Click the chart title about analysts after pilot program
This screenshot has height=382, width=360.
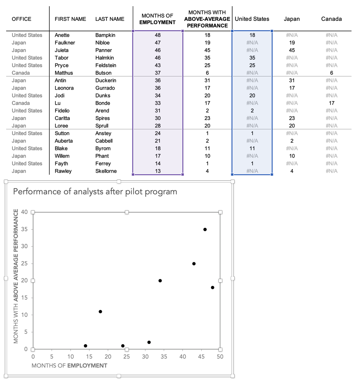point(95,191)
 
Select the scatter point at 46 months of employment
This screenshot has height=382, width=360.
point(205,229)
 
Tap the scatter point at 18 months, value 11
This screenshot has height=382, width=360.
point(100,311)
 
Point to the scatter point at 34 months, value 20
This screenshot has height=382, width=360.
point(160,281)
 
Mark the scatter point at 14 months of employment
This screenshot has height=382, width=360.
point(85,346)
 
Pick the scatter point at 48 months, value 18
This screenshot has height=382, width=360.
point(212,287)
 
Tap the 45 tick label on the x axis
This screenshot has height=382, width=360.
point(201,356)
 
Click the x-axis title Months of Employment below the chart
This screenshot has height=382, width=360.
point(69,366)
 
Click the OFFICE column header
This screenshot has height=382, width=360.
point(22,19)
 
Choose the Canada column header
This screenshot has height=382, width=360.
point(331,19)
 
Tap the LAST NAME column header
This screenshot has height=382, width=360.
point(110,19)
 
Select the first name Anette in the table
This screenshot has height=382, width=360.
point(62,35)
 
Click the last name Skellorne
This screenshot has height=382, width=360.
point(106,171)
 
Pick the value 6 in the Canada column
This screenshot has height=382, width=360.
point(331,73)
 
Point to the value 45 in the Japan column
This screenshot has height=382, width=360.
point(292,50)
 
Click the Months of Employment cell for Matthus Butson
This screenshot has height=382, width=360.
point(158,73)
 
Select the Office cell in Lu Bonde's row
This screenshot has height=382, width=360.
point(21,103)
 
